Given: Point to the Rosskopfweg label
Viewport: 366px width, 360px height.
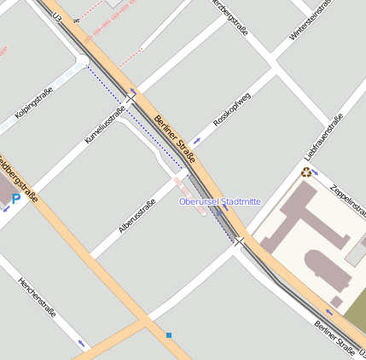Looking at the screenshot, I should click(x=231, y=111).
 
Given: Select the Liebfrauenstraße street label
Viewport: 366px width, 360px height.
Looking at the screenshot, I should click(x=323, y=136).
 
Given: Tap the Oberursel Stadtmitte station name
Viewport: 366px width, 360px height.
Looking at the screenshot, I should click(x=219, y=201).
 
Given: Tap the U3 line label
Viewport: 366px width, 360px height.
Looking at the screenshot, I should click(x=57, y=17).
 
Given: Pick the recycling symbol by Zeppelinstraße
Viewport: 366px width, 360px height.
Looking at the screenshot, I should click(x=305, y=171).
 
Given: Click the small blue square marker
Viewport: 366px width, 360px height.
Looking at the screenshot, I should click(x=169, y=335).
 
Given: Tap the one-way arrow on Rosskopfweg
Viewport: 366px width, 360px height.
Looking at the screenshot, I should click(x=198, y=139).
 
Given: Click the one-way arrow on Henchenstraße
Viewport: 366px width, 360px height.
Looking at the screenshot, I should click(x=82, y=343).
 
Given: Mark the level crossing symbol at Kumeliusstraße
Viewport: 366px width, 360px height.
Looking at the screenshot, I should click(x=130, y=99).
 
